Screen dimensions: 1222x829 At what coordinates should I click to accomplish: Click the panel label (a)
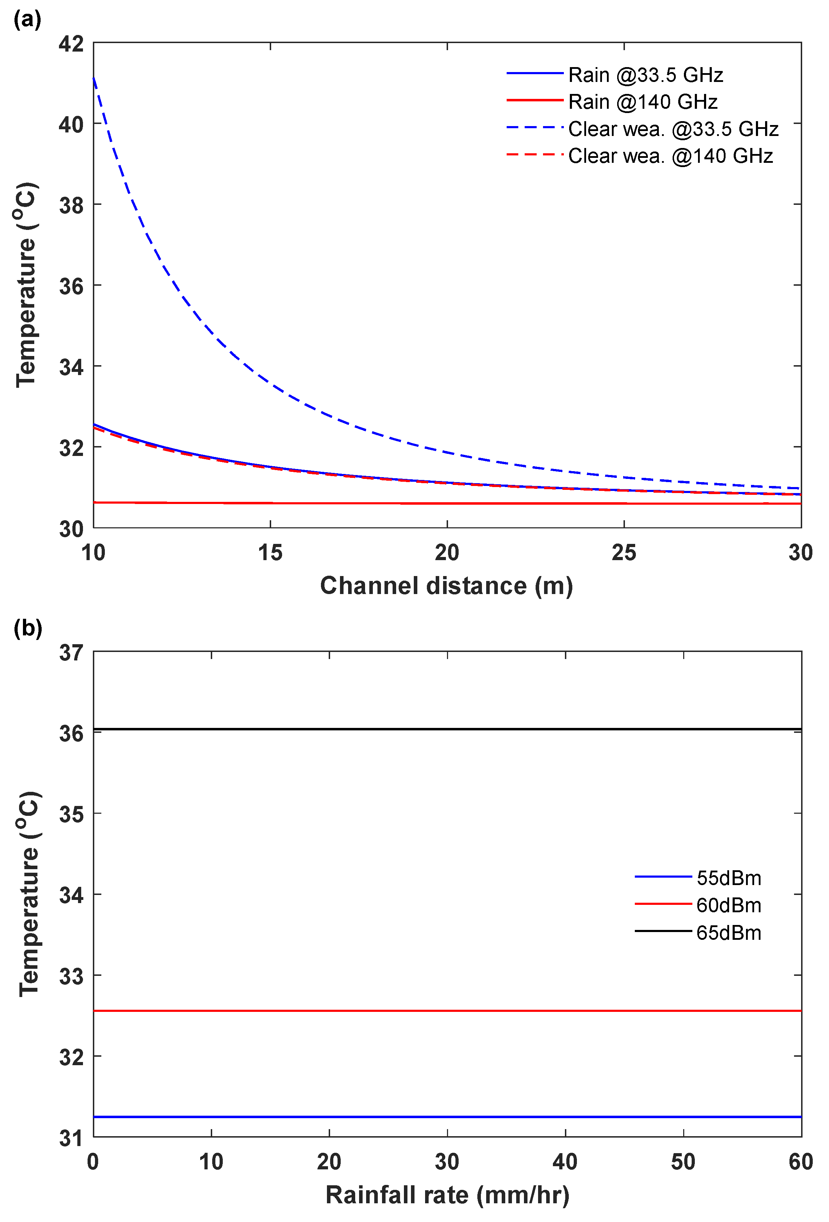(27, 19)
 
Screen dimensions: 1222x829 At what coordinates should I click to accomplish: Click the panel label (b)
(27, 628)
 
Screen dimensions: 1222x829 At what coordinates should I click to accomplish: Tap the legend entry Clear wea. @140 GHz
(670, 156)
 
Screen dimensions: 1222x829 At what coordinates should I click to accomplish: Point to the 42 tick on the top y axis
(71, 44)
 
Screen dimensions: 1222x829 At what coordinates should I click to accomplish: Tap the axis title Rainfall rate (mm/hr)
(447, 1195)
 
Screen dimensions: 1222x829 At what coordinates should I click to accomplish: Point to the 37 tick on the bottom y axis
(71, 653)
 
